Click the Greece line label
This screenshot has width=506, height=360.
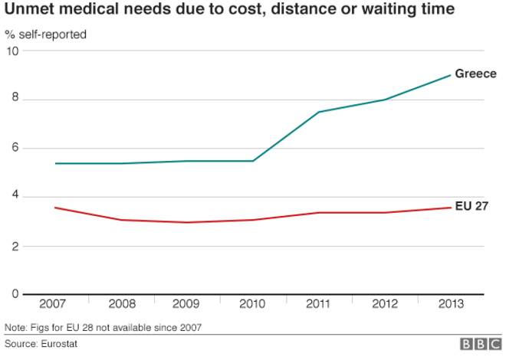[x=475, y=74]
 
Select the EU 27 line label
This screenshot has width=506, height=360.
[x=472, y=207]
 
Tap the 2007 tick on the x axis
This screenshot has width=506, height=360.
[x=54, y=304]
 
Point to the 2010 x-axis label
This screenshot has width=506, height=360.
[x=253, y=304]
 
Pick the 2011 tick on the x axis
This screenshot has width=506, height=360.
[x=319, y=304]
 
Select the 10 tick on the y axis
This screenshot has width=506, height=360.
[x=12, y=51]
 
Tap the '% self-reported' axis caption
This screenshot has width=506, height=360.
[x=45, y=34]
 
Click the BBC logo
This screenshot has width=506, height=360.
[x=480, y=345]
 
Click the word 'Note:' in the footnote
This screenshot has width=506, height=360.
[x=15, y=328]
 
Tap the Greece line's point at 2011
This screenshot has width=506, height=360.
[x=319, y=112]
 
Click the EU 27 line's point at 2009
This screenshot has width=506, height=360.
[x=187, y=222]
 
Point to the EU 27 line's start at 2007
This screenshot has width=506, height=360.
[x=54, y=208]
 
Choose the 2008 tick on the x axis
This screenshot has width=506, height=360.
[x=121, y=304]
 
